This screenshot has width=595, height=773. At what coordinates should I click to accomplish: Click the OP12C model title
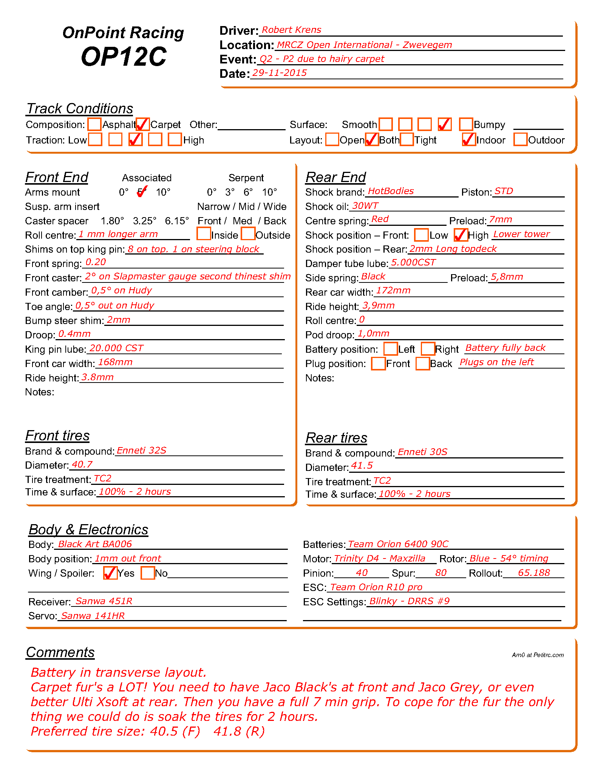[x=124, y=57]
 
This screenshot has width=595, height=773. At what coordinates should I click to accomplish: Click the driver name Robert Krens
[x=291, y=30]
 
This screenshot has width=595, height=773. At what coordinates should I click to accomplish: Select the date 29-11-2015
[x=280, y=73]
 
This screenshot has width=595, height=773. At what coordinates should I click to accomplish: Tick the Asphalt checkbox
[x=94, y=124]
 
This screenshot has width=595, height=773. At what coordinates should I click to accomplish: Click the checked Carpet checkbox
[x=143, y=124]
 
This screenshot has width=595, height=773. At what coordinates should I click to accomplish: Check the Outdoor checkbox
[x=520, y=139]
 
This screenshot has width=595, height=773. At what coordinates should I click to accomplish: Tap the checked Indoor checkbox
[x=469, y=139]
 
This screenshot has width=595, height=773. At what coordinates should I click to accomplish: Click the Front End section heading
[x=57, y=177]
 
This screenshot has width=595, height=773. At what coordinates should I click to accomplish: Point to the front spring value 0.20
[x=96, y=262]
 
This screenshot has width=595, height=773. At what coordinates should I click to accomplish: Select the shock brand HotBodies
[x=391, y=191]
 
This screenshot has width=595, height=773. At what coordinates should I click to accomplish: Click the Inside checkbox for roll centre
[x=204, y=234]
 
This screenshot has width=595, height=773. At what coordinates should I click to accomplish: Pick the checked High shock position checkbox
[x=461, y=235]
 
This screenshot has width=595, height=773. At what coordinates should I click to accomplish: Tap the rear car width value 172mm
[x=393, y=290]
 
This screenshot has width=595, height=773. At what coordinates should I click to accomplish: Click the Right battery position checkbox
[x=428, y=349]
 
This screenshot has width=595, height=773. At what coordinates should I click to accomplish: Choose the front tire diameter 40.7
[x=82, y=464]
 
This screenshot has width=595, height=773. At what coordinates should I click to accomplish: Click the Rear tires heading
[x=336, y=438]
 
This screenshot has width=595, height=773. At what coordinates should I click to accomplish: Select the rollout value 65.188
[x=534, y=573]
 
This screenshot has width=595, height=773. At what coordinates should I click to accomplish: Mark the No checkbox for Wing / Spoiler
[x=148, y=573]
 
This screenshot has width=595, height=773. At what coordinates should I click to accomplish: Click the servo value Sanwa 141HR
[x=93, y=616]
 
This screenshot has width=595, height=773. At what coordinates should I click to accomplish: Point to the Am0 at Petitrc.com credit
[x=538, y=655]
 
